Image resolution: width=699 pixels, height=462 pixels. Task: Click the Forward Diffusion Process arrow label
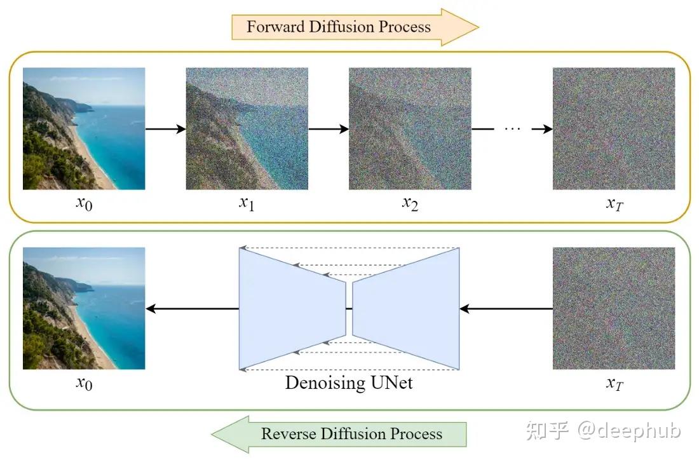pos(339,27)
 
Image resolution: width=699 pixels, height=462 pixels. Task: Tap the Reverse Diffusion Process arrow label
pos(351,434)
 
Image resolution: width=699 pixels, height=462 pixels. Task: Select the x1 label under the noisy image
pos(247,205)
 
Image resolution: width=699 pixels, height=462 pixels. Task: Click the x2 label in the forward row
pos(410,205)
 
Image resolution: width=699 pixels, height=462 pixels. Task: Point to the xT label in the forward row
pos(613,205)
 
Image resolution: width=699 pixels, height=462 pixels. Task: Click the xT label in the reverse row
pos(613,384)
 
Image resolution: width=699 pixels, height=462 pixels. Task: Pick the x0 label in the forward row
pos(84,205)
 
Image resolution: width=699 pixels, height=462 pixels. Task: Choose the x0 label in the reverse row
pos(84,384)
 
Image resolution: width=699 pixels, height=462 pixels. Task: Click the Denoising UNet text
pos(349,383)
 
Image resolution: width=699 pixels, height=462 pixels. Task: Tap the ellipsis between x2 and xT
pos(512,129)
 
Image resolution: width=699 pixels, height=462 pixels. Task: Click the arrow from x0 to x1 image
pos(165,129)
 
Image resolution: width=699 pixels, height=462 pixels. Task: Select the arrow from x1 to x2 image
pos(329,129)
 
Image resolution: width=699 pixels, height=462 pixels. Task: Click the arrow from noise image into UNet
pos(506,309)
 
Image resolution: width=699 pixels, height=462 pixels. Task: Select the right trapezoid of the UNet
pos(407,309)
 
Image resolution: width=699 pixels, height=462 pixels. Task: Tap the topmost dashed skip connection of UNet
pos(349,248)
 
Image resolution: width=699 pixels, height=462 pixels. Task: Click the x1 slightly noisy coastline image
pos(247,129)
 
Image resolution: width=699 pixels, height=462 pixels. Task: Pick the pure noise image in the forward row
pos(613,129)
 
